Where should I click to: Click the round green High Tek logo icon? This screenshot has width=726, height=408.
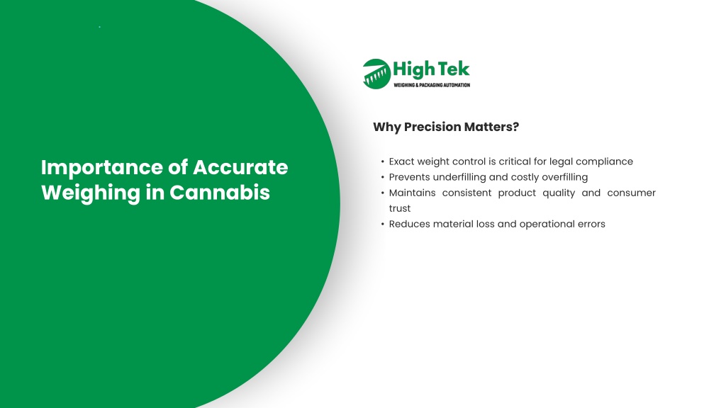tap(376, 74)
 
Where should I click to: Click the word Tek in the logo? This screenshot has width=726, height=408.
tap(454, 69)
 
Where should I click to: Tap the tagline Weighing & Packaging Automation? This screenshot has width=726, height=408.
tap(432, 85)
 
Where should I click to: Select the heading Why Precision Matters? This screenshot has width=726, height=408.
tap(446, 127)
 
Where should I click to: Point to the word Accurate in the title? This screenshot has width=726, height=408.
tap(240, 167)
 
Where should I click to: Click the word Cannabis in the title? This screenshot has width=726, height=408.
tap(220, 193)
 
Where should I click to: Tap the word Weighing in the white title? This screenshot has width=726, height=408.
tap(90, 193)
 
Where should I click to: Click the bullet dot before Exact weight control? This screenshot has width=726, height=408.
tap(382, 162)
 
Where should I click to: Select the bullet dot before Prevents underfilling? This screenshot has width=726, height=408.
tap(382, 178)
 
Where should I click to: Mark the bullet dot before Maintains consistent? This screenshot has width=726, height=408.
tap(382, 193)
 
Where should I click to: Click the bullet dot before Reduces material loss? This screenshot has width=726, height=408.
tap(382, 225)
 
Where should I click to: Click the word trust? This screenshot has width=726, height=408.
tap(400, 209)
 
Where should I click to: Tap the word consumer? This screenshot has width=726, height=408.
tap(632, 193)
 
